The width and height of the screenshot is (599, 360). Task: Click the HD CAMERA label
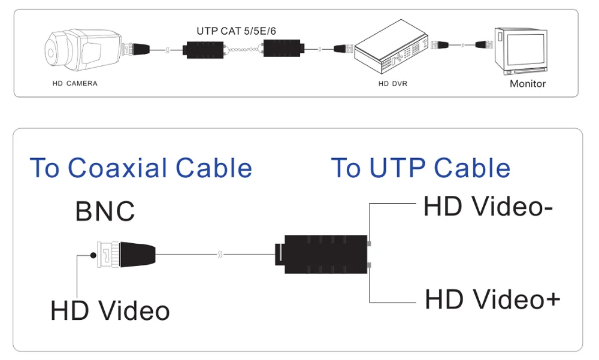[74, 83]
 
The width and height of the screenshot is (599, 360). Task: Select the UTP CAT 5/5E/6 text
[236, 31]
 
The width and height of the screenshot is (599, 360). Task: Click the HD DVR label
[392, 83]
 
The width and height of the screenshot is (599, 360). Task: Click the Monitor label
[528, 83]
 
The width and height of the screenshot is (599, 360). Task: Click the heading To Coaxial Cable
[141, 168]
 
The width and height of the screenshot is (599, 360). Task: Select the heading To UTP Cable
[420, 168]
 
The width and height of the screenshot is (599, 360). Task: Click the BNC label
[105, 211]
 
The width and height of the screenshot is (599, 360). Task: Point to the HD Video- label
[488, 207]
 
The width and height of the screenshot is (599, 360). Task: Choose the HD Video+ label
[492, 299]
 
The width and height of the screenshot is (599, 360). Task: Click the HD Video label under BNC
[110, 311]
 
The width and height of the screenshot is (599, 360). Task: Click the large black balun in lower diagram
[324, 255]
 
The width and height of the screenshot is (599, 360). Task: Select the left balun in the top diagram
[203, 48]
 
